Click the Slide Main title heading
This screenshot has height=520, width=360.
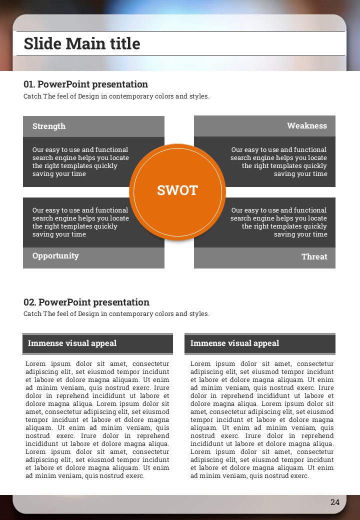(82, 43)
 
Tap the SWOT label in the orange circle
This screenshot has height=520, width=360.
(177, 190)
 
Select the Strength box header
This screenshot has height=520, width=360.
(49, 126)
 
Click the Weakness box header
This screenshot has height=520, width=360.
(306, 126)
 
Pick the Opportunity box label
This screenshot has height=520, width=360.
(55, 256)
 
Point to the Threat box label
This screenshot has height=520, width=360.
(314, 257)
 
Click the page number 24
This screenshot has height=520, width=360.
(335, 502)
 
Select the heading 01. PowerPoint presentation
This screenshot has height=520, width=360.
(85, 84)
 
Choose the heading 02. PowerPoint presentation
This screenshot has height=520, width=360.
(86, 302)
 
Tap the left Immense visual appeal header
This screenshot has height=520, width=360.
(72, 343)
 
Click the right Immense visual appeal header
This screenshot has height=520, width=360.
(234, 343)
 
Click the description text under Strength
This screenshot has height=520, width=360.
(80, 161)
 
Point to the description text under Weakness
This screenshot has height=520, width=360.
(279, 161)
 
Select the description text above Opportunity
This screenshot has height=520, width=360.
(80, 222)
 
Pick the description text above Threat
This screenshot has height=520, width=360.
(279, 222)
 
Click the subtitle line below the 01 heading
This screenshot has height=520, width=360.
(116, 96)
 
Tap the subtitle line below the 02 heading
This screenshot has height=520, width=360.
(116, 314)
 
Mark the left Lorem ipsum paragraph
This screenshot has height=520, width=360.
(97, 419)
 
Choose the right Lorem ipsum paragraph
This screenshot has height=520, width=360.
(262, 419)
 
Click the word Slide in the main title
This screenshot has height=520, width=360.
(43, 43)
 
